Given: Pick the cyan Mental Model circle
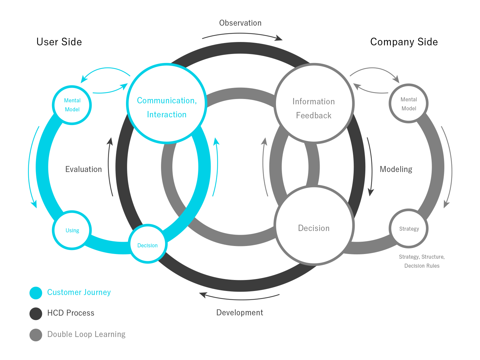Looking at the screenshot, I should [72, 105].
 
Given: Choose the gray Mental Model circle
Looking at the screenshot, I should [409, 104].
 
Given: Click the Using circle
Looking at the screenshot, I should [72, 230].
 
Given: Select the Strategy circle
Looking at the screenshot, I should [409, 229].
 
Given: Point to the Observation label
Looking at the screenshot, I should [240, 23].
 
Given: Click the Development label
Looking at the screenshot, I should [240, 313].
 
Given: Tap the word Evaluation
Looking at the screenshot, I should [84, 169].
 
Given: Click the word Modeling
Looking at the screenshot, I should [396, 169].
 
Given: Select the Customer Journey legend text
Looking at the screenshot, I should [79, 292].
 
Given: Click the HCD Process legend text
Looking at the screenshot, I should [71, 313].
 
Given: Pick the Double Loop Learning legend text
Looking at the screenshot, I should [86, 334].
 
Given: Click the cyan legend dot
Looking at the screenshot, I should [36, 293].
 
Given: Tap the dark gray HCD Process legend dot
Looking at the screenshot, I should [36, 314].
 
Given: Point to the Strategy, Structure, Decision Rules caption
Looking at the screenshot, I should [422, 261].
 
